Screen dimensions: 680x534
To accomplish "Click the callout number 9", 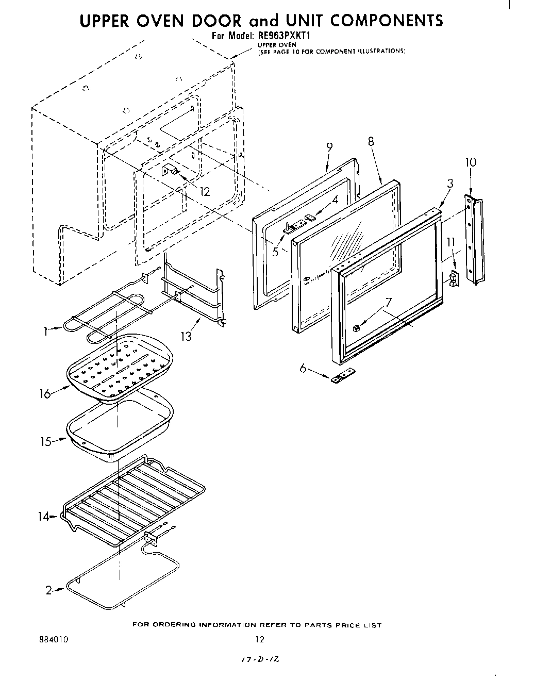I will pos(329,146).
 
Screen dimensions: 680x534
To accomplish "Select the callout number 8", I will pos(371,141).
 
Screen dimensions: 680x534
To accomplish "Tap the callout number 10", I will pos(470,162).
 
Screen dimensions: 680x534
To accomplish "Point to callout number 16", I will pos(45,394).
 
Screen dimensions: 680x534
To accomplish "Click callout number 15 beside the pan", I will pos(45,442).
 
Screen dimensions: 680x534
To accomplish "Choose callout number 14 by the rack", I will pos(43,517).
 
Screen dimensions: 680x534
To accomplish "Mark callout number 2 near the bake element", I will pos(48,591).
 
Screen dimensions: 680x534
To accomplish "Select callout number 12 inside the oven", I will pos(205,192).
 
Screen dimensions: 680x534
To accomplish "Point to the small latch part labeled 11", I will pos(454,279).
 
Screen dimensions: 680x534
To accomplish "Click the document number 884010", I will pos(54,640).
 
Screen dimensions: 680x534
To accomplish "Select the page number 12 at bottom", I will pos(260,640).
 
